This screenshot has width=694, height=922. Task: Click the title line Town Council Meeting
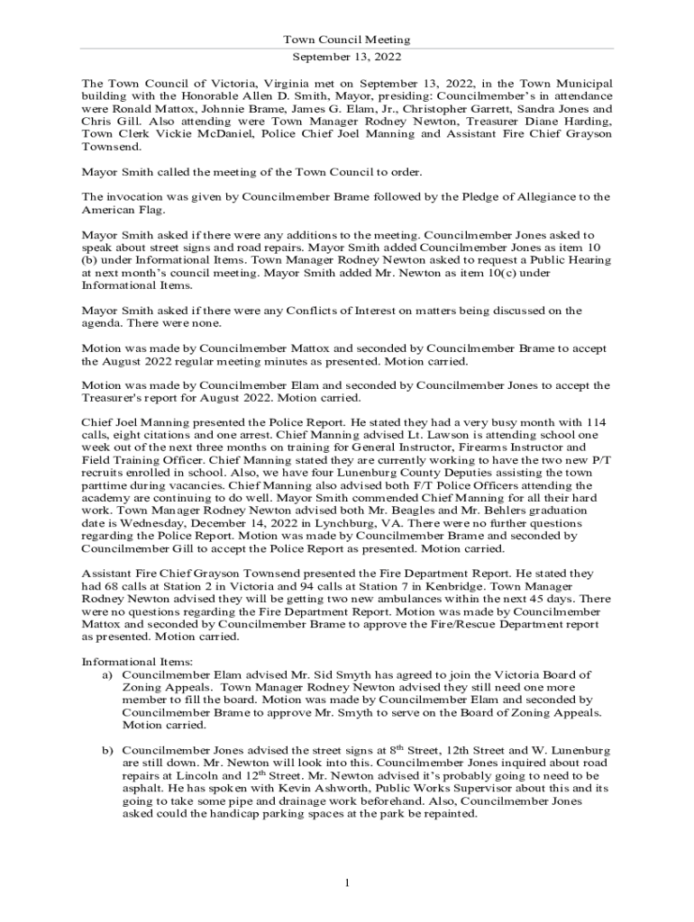pyautogui.click(x=347, y=40)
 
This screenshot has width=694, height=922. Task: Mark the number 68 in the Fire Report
pyautogui.click(x=109, y=585)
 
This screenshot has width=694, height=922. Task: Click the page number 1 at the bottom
pyautogui.click(x=347, y=881)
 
